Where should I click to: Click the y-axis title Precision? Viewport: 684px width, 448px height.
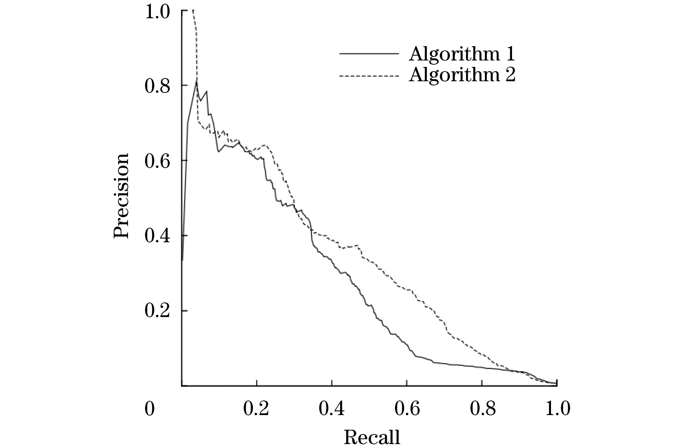(x=121, y=196)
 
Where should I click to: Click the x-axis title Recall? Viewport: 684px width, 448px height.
(x=372, y=437)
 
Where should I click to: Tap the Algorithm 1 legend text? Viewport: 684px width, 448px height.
(x=462, y=54)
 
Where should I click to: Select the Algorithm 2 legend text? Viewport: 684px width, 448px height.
(x=462, y=75)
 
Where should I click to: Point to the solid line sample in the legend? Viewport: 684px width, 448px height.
(x=369, y=54)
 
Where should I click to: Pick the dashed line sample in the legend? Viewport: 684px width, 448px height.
(x=369, y=76)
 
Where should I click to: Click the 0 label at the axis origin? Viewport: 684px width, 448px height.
(x=150, y=409)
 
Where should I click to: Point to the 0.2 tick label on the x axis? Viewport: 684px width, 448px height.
(x=256, y=409)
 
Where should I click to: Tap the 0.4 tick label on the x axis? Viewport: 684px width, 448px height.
(x=331, y=409)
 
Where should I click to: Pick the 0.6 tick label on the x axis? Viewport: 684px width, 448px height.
(x=407, y=409)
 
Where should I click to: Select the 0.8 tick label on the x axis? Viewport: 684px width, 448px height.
(x=482, y=409)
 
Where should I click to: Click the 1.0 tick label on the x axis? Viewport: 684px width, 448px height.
(x=557, y=409)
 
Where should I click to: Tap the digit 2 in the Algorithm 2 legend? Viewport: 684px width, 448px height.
(x=510, y=75)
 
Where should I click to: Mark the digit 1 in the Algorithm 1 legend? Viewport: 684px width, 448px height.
(x=510, y=54)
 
